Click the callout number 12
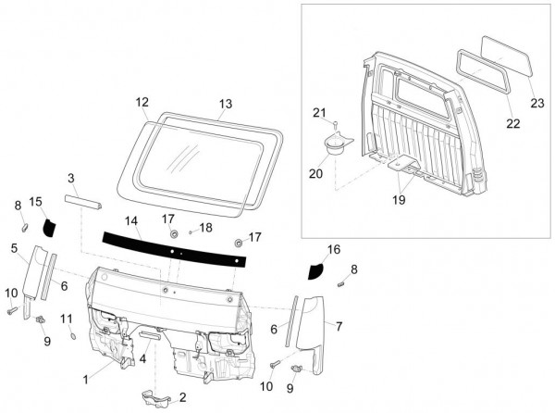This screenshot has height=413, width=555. click(x=142, y=102)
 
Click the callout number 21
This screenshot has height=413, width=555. click(x=319, y=113)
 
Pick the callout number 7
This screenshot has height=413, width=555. click(x=339, y=327)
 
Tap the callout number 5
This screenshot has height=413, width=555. click(x=14, y=248)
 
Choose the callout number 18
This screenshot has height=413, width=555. click(x=206, y=227)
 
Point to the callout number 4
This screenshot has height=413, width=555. click(x=143, y=357)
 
